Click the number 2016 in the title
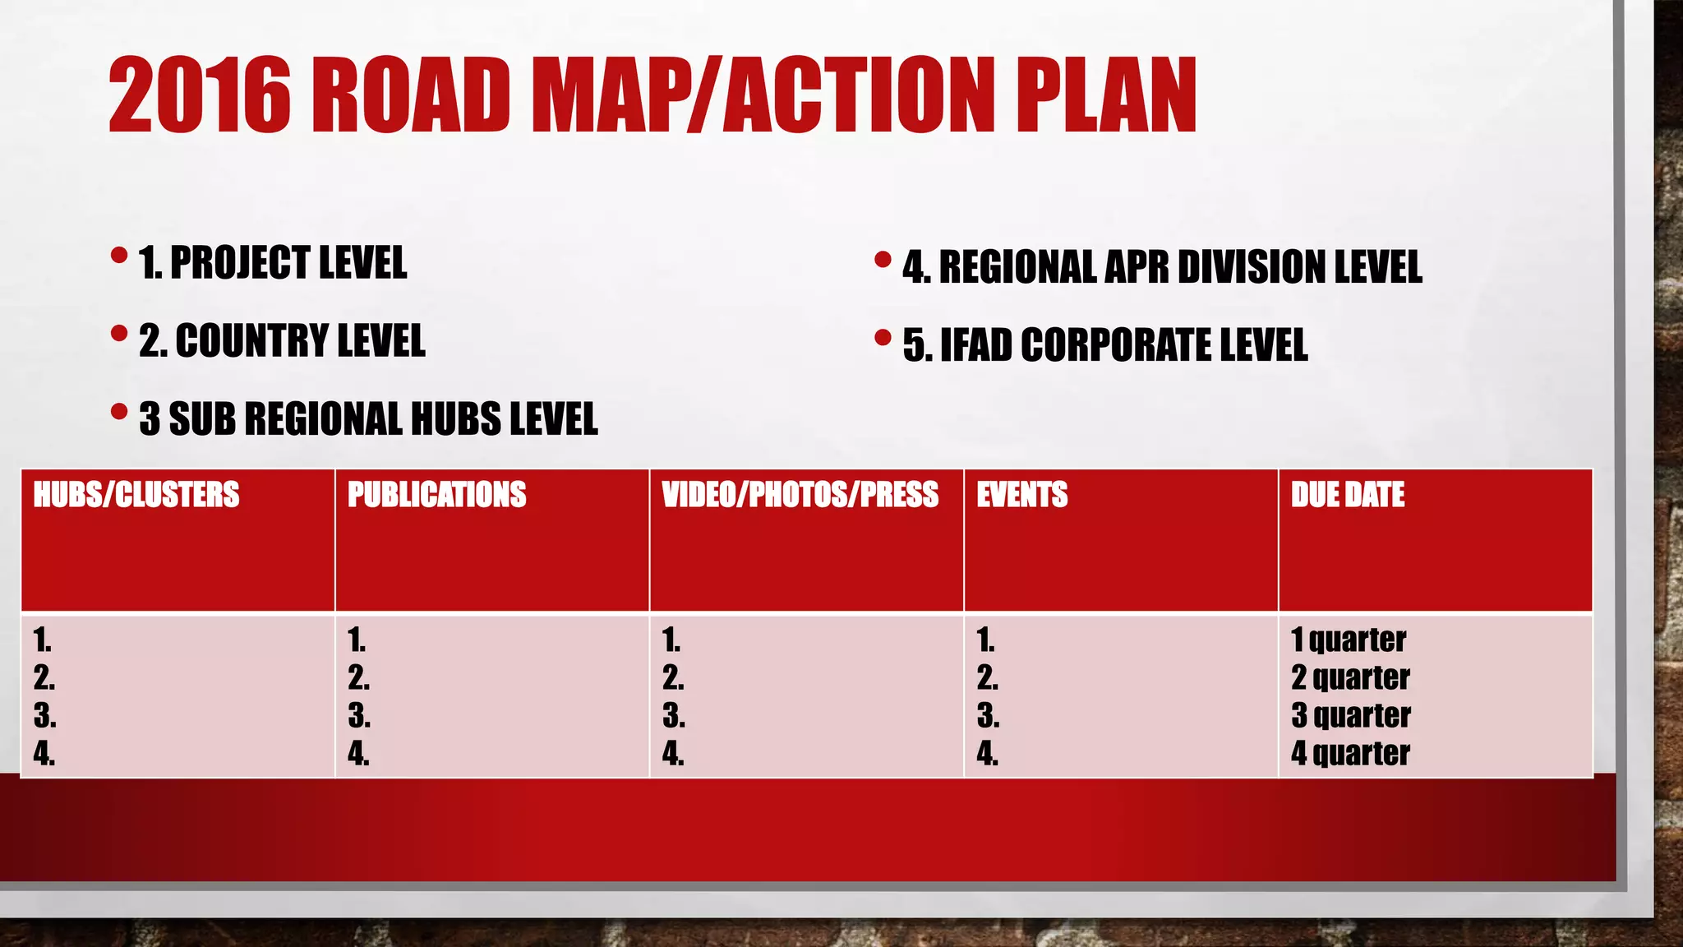[200, 95]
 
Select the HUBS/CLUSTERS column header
[136, 495]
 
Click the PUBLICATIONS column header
[436, 495]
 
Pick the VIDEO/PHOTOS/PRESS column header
[800, 495]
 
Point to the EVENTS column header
[1021, 495]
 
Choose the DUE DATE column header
[1348, 495]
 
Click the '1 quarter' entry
[1349, 640]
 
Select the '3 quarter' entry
[1351, 715]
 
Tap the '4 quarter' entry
[1350, 753]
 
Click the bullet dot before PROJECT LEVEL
[119, 256]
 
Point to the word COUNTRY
[238, 341]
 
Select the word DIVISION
[1247, 267]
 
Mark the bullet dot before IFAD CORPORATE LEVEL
[883, 337]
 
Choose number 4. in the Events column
[988, 753]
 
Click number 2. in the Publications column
[358, 677]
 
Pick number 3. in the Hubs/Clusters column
[44, 715]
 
